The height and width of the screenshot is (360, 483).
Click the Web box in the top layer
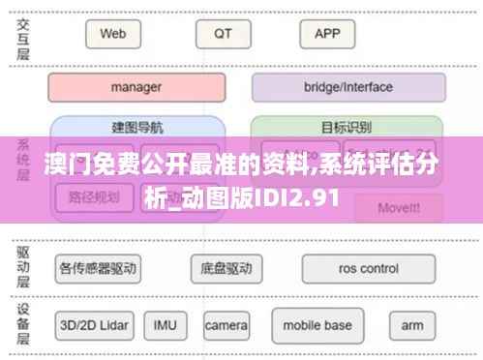coord(113,34)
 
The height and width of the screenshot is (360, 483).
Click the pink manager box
coord(136,87)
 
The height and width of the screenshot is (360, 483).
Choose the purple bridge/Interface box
coord(348,87)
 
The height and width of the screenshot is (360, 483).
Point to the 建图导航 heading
coord(136,127)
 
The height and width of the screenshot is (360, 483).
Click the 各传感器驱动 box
coord(98,268)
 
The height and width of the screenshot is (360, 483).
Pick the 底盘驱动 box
coord(226,268)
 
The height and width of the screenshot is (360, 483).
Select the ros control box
coord(366,268)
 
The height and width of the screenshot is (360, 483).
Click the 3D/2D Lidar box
coord(93,323)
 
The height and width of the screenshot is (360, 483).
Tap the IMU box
coord(165,323)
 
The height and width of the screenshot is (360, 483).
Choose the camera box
coord(226,323)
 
